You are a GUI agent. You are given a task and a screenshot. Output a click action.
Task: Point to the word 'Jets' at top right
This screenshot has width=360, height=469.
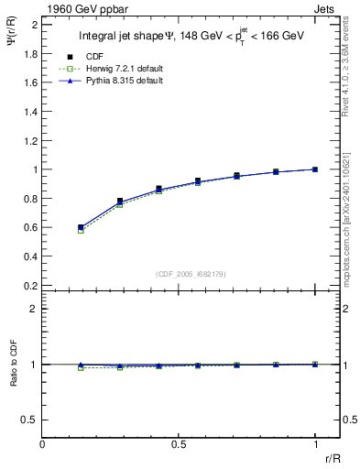[326, 7]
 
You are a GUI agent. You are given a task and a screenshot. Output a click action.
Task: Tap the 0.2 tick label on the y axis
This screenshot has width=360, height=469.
[30, 286]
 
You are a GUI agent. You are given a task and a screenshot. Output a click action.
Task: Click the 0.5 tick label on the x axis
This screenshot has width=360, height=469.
[179, 444]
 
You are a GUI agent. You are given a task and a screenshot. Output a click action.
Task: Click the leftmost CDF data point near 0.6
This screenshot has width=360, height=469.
[81, 227]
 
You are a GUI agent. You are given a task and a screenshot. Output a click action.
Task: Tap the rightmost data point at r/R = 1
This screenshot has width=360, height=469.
[315, 169]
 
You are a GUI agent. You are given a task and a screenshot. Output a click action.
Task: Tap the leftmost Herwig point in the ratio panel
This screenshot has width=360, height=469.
[81, 367]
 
